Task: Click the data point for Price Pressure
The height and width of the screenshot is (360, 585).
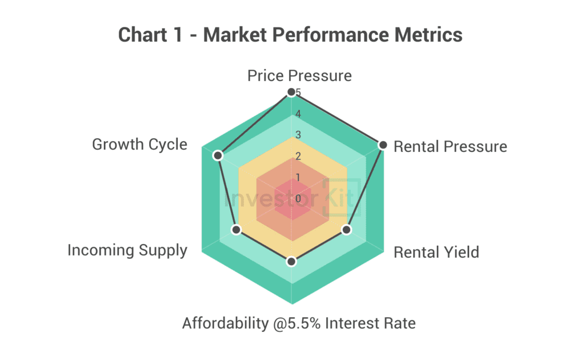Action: (291, 93)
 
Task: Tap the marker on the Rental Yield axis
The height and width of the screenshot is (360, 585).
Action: (346, 230)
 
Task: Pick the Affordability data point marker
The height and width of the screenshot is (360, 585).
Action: (291, 261)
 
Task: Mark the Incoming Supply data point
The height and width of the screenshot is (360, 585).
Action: (237, 230)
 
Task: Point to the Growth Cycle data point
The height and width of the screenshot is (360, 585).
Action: (217, 155)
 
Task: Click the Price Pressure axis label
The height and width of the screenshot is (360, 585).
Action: (299, 75)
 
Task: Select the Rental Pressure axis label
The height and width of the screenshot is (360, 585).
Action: (450, 147)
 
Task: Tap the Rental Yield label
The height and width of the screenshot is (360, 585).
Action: (436, 252)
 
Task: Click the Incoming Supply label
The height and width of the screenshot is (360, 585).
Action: (127, 250)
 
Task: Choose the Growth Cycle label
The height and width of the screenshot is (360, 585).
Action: (139, 144)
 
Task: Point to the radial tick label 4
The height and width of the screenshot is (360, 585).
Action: (298, 114)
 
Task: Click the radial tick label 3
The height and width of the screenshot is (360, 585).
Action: (298, 135)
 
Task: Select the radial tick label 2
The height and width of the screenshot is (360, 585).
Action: (298, 156)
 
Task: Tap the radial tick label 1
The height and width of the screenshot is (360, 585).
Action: (298, 177)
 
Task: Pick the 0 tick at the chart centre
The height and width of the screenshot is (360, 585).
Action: (298, 198)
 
